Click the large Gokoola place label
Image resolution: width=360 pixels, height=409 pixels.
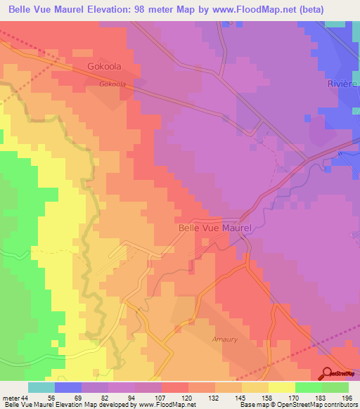click(104, 67)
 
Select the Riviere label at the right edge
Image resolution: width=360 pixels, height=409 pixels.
click(343, 84)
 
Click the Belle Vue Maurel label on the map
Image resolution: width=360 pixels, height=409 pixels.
click(215, 228)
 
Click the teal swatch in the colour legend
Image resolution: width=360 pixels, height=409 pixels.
click(41, 387)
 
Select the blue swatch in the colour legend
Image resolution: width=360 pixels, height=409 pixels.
click(68, 387)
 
